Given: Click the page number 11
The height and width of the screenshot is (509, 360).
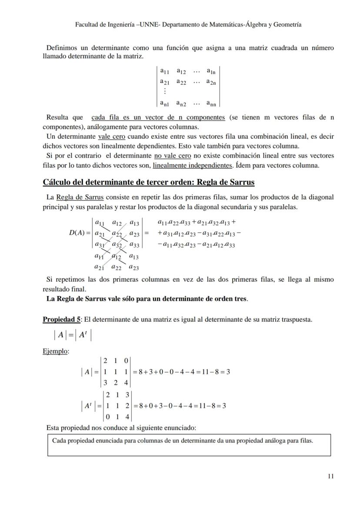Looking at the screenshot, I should [x=331, y=476].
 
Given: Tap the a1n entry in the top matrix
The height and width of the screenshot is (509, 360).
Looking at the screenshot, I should [x=211, y=71].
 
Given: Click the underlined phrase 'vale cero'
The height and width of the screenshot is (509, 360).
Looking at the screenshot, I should [x=112, y=136].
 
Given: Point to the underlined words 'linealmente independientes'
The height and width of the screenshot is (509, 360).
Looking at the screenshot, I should [x=193, y=165].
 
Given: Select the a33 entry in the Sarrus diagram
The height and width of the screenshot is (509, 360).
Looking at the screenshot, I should [x=134, y=245].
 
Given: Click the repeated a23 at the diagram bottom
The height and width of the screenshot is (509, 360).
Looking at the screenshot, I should [x=134, y=267].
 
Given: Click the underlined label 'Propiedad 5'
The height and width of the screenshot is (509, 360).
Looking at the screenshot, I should [x=61, y=319].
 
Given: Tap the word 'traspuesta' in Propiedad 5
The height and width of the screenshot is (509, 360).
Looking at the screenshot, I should [x=296, y=319].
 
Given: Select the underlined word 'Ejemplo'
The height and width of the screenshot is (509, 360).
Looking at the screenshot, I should [x=55, y=351].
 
